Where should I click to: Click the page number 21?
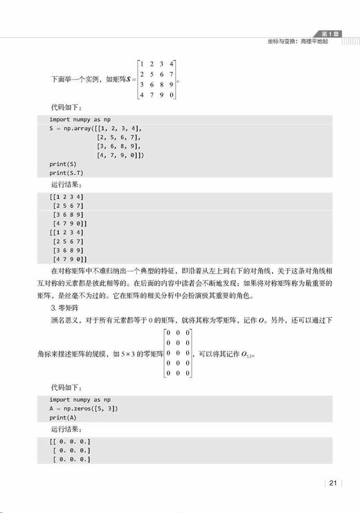333,483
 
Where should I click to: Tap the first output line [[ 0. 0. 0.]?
70,441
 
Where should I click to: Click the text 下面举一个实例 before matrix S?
76,80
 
